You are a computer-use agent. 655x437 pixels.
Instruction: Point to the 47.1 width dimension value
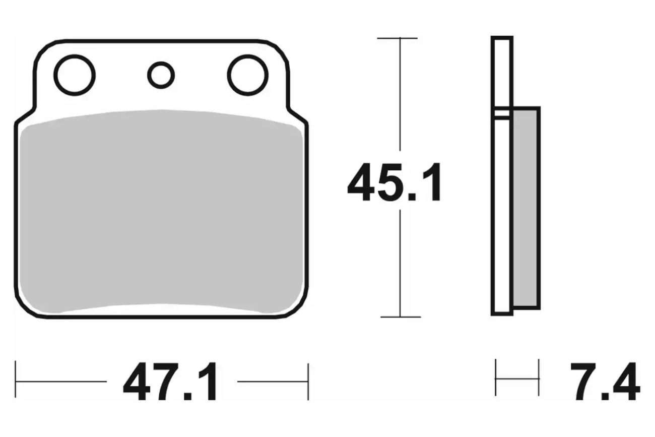pyautogui.click(x=170, y=382)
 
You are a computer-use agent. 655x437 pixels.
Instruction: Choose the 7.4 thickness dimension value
pyautogui.click(x=605, y=382)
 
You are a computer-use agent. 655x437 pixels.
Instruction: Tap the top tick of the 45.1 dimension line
pyautogui.click(x=397, y=38)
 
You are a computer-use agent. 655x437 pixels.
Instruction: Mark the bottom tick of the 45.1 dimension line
pyautogui.click(x=401, y=317)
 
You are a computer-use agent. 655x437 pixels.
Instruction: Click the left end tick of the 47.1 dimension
pyautogui.click(x=15, y=379)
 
